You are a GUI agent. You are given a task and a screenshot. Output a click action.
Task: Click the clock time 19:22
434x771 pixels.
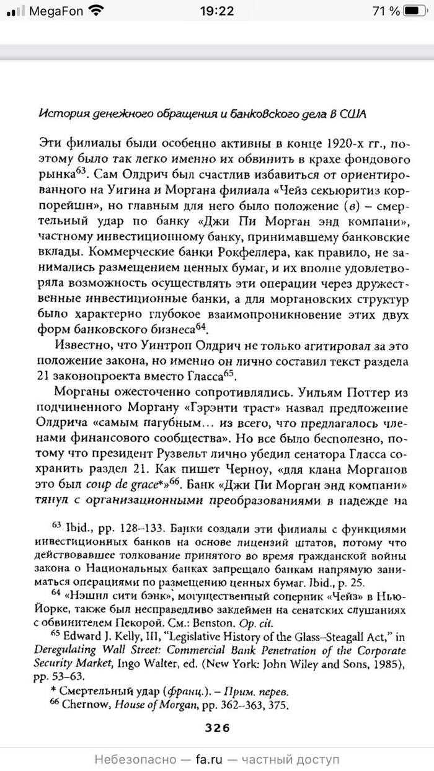tap(216, 11)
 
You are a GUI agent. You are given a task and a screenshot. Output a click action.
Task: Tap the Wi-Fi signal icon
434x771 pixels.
tap(96, 11)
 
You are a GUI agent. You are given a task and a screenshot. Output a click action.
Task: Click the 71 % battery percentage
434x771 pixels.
tap(386, 11)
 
